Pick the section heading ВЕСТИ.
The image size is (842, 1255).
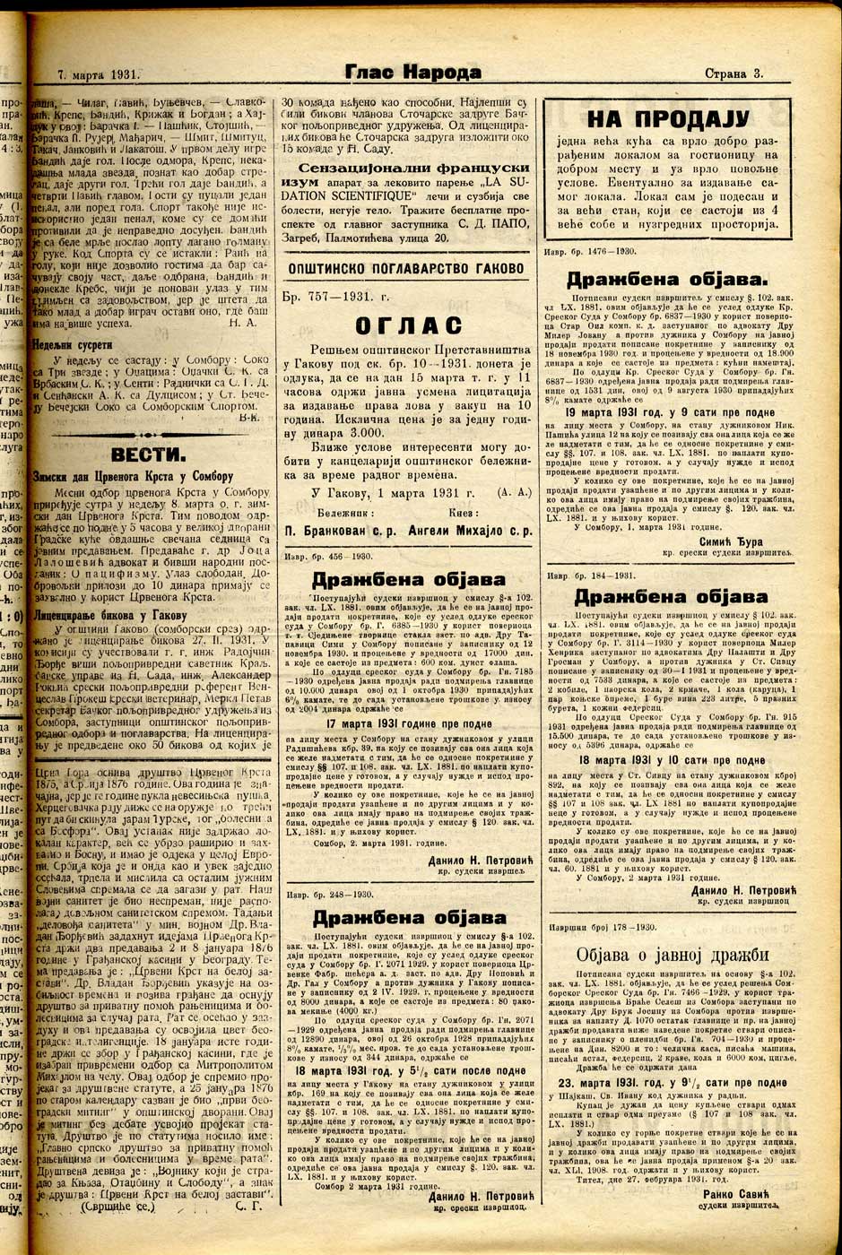click(x=148, y=452)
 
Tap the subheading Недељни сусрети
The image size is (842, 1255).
click(x=73, y=343)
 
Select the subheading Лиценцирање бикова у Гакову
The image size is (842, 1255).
click(x=109, y=616)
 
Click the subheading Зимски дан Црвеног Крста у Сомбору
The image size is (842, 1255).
click(x=133, y=477)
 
